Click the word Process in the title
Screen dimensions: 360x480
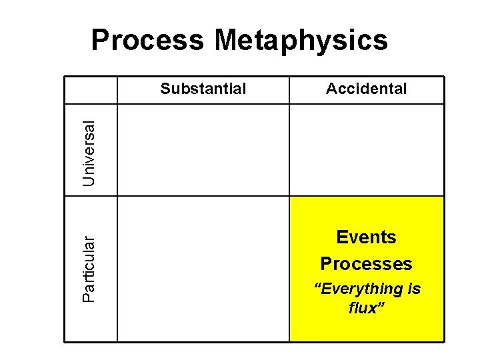point(147,40)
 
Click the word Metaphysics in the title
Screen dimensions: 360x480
point(301,40)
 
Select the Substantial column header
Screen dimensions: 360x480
point(203,89)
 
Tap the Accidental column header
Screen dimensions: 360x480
point(366,89)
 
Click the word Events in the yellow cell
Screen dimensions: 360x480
point(366,237)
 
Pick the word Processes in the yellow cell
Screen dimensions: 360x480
point(366,263)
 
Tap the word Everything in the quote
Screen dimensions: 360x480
point(361,289)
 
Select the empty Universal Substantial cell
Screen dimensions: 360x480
point(203,150)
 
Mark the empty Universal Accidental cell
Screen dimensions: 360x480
point(366,150)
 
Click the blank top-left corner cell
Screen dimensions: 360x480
point(91,90)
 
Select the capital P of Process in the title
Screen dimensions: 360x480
point(100,40)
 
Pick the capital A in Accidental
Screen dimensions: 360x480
point(331,89)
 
